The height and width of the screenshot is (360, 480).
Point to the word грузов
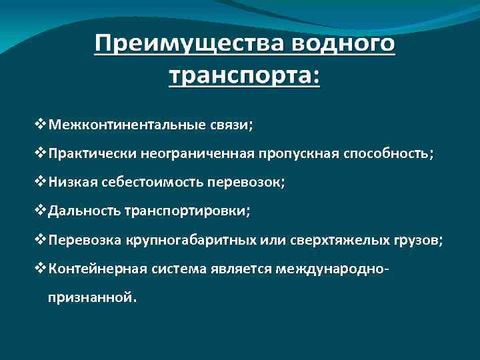(x=412, y=240)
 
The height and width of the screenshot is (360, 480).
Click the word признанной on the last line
(x=90, y=297)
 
